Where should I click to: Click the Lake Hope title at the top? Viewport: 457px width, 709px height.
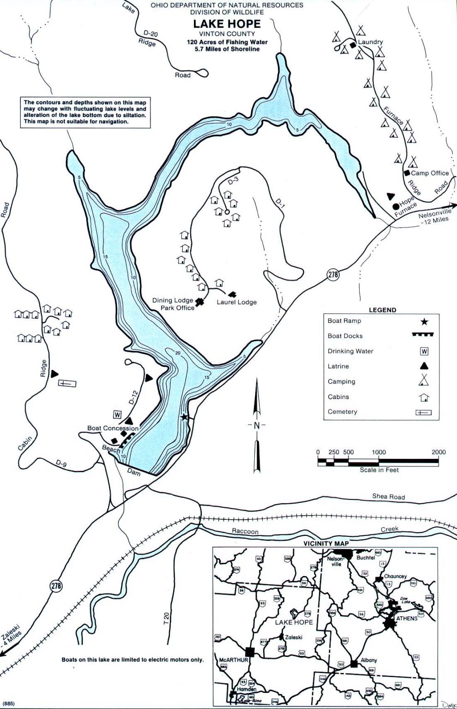click(227, 24)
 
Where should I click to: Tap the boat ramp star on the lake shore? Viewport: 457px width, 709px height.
click(185, 417)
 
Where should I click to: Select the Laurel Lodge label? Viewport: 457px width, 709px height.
click(236, 302)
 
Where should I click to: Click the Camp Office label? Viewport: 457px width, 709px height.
click(429, 173)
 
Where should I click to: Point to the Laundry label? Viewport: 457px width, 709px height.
click(370, 42)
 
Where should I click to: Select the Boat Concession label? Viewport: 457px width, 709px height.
click(113, 428)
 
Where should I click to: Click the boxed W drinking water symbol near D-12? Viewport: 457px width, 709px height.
click(117, 415)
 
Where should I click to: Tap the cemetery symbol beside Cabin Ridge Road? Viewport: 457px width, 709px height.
click(67, 383)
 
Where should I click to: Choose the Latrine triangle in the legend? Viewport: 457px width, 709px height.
click(423, 366)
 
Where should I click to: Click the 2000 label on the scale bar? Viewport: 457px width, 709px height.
click(438, 452)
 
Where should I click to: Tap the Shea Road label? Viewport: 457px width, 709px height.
click(388, 497)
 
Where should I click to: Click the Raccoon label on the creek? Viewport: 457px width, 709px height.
click(245, 531)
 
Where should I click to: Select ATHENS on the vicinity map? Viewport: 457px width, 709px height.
click(407, 618)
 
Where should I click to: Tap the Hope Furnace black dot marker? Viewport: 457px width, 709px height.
click(396, 206)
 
